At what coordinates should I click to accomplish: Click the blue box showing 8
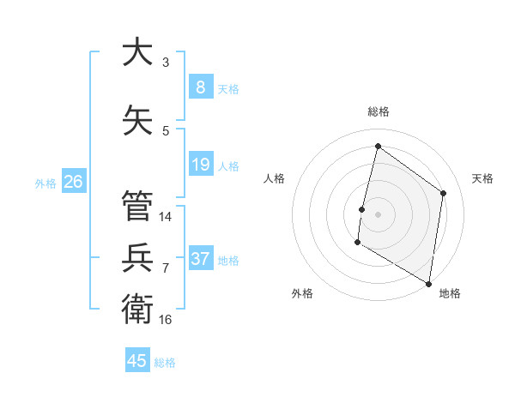[x=200, y=87]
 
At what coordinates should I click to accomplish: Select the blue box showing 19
[x=200, y=165]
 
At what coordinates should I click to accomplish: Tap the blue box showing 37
[x=200, y=259]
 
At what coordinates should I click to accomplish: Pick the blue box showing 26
[x=73, y=182]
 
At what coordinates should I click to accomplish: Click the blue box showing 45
[x=137, y=361]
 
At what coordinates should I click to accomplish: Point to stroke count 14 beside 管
[x=166, y=217]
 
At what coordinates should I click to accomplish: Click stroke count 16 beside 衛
[x=166, y=320]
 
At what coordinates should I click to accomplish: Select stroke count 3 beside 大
[x=166, y=62]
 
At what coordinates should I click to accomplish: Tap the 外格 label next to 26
[x=45, y=183]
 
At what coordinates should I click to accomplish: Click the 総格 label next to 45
[x=165, y=362]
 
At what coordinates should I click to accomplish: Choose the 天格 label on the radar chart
[x=482, y=178]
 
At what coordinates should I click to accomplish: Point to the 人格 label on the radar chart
[x=274, y=178]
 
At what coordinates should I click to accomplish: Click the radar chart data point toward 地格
[x=428, y=283]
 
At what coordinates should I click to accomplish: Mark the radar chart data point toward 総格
[x=378, y=147]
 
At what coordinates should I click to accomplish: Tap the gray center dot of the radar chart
[x=378, y=214]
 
